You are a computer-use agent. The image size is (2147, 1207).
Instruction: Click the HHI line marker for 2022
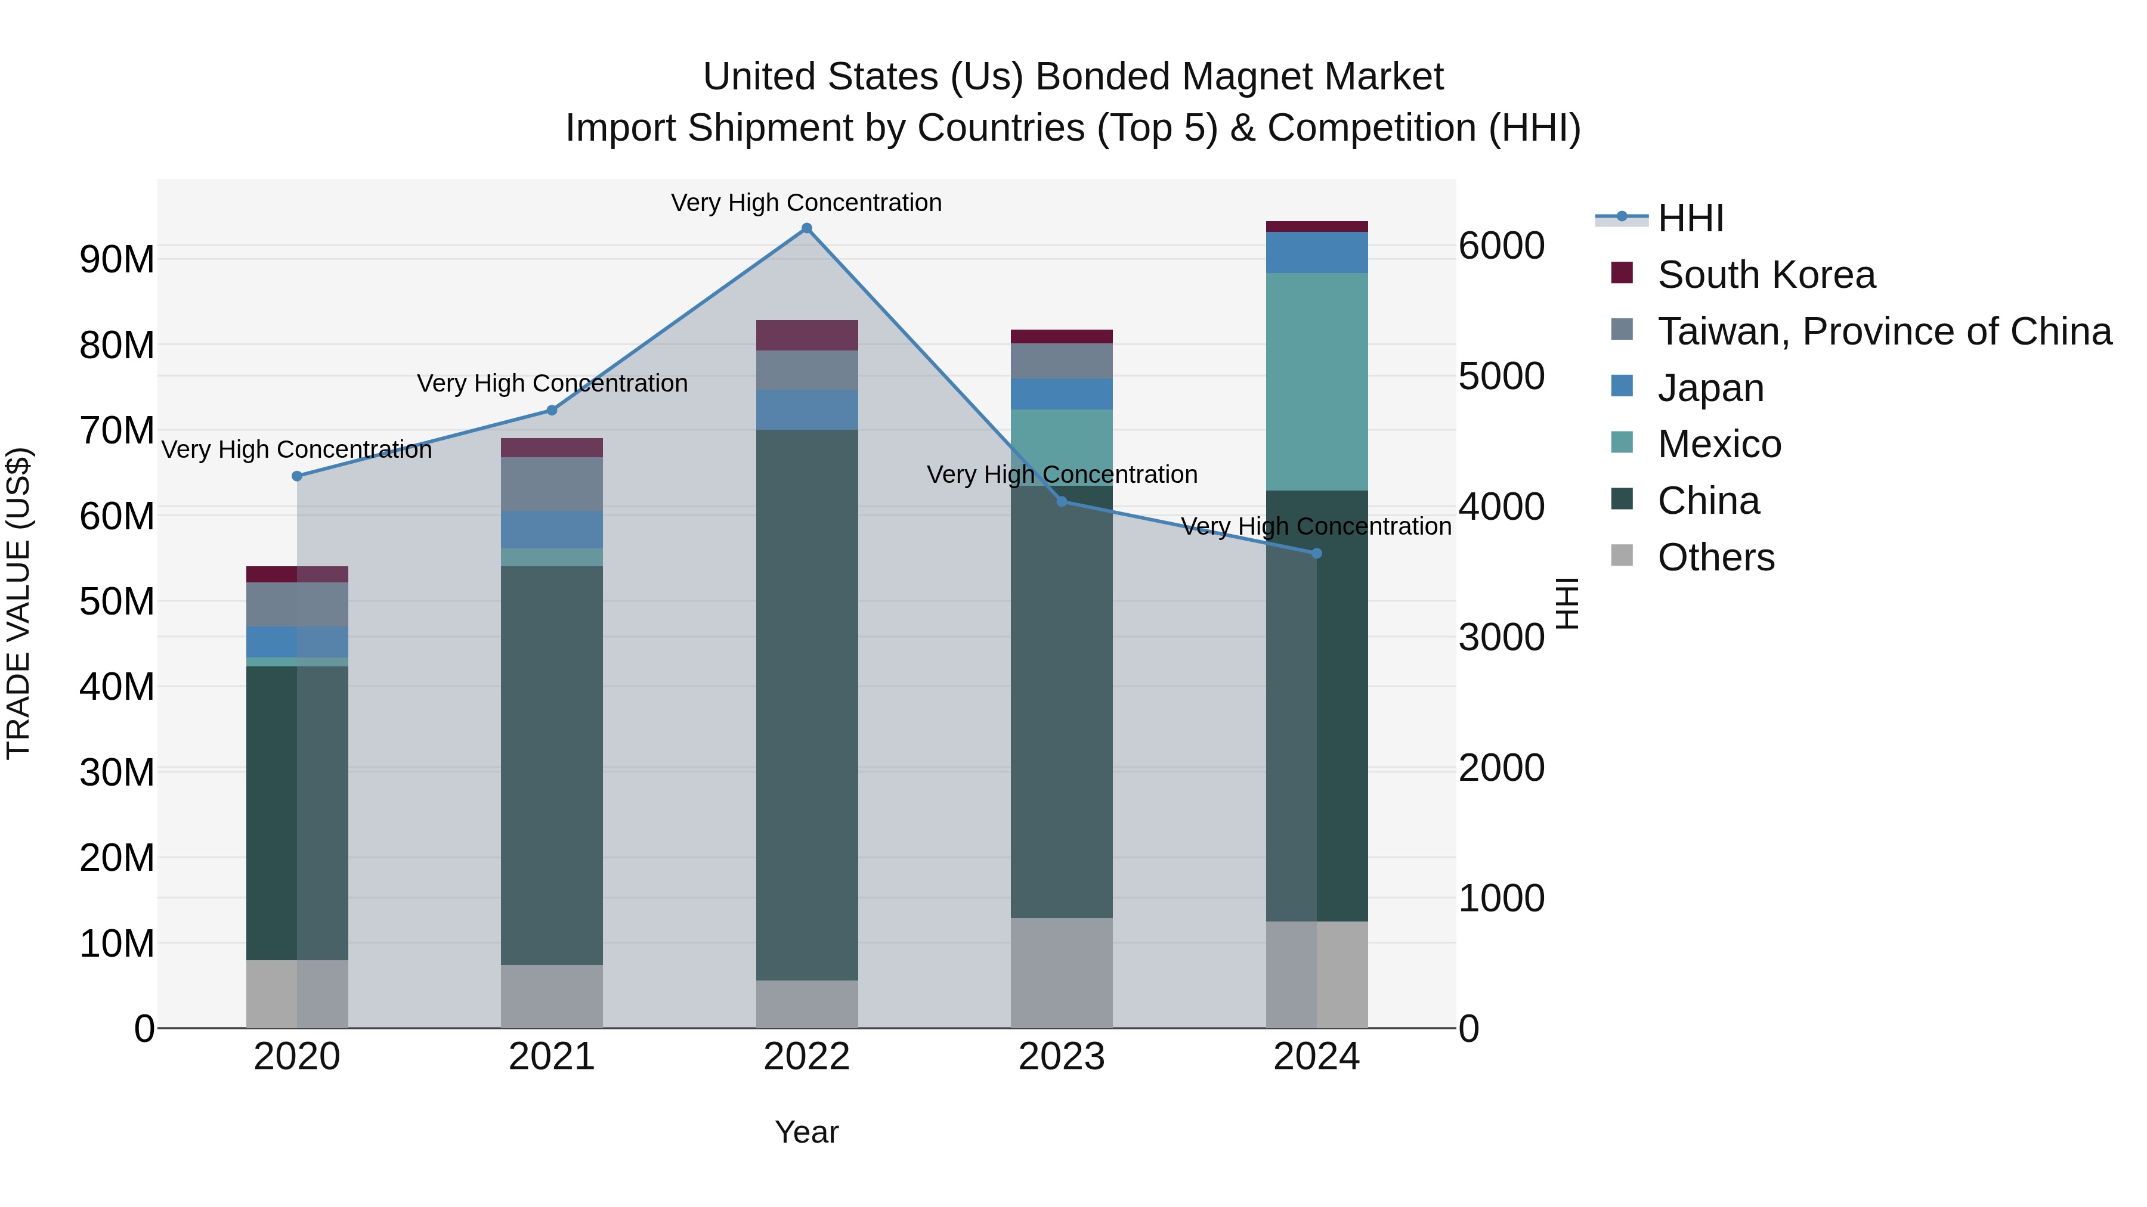806,228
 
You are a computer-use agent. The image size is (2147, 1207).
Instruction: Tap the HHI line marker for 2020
297,476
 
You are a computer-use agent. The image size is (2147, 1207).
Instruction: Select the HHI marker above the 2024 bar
1316,553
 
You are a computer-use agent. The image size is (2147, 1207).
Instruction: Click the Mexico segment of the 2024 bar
1316,381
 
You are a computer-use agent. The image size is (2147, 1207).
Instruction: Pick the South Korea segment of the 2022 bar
806,335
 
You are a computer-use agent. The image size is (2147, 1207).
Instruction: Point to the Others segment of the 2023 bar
1061,972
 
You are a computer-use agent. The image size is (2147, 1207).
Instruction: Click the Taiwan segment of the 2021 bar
551,483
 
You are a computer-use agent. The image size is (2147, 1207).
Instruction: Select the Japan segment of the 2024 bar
1316,252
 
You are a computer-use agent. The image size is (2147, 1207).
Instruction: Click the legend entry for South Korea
1765,275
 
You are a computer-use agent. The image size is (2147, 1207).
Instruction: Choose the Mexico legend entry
1719,444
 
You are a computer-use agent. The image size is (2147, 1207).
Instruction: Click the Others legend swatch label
1715,557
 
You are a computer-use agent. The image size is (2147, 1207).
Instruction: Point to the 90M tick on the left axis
117,260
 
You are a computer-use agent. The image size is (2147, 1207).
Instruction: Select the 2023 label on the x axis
1061,1057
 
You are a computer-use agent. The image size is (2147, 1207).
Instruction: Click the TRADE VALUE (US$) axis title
18,603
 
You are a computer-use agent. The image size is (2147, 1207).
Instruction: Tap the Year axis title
806,1132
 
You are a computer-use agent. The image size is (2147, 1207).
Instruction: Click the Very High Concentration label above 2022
806,203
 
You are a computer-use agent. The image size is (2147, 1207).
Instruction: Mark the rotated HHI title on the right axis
1567,603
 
